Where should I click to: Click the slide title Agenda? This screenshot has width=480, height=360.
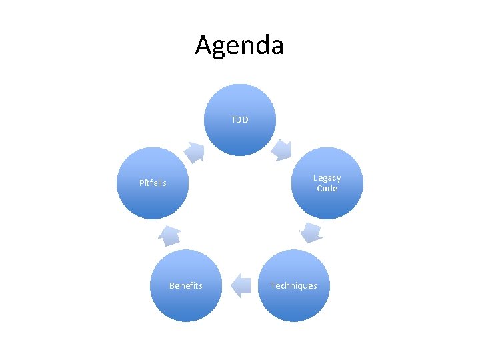(x=239, y=45)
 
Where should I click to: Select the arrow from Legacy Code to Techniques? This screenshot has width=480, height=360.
(x=310, y=232)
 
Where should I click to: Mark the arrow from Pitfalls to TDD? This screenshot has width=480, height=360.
(x=195, y=151)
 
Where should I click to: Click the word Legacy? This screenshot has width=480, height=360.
(x=327, y=178)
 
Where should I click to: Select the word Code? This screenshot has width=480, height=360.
(x=327, y=189)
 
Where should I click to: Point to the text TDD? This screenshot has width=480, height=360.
(x=239, y=120)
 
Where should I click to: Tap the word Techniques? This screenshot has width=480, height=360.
(x=293, y=286)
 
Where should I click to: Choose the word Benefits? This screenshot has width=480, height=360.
(x=185, y=285)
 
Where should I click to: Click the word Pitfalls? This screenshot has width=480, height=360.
(x=153, y=183)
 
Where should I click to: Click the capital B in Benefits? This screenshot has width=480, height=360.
(x=171, y=285)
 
